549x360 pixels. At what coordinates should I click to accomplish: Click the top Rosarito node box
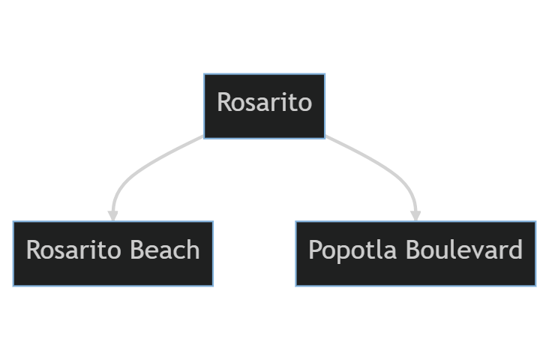[264, 106]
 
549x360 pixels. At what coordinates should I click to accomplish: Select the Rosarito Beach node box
[113, 254]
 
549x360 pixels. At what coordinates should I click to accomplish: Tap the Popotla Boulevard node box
[415, 254]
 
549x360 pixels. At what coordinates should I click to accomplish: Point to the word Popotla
[352, 250]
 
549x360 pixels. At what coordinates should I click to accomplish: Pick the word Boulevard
[464, 250]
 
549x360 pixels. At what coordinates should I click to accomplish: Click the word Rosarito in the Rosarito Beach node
[73, 250]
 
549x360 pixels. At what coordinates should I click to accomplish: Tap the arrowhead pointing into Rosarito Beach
[112, 216]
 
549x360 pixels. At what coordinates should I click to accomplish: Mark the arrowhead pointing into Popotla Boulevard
[415, 216]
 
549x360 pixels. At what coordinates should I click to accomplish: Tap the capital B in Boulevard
[412, 250]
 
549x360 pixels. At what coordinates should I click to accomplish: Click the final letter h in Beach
[193, 249]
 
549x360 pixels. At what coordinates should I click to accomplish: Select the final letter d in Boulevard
[516, 249]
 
